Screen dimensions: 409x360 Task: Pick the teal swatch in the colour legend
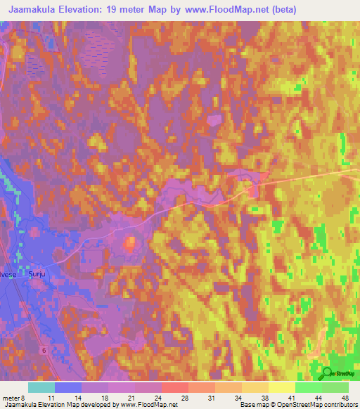coord(41,387)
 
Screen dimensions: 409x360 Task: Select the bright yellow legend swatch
coord(281,387)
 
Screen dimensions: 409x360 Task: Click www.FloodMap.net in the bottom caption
coord(149,405)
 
